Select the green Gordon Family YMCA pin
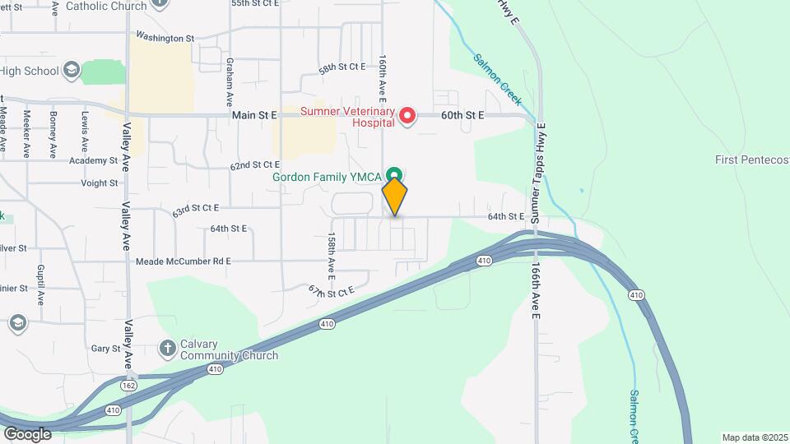395,174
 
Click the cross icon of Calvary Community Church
167,348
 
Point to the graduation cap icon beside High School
72,70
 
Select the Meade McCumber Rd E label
183,261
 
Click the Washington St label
165,38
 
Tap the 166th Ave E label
535,292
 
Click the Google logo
27,433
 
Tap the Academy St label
93,160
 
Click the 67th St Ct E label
331,290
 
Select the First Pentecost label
751,160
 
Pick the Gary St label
106,349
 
